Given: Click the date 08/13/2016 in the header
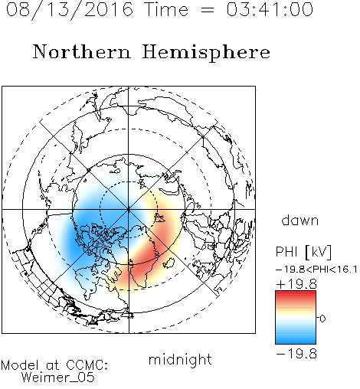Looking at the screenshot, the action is coord(70,9).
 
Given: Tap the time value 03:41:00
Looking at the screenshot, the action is coord(270,9).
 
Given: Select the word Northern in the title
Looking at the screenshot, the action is coord(81,52).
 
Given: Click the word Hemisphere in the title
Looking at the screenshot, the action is coord(206,53).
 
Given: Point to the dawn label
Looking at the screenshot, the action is coord(300,220).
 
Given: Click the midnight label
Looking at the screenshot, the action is coord(180,359).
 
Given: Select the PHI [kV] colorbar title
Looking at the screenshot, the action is coord(303,252).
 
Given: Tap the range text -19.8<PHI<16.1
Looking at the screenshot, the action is coord(316,270).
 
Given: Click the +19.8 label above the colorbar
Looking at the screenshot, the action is coord(296,284).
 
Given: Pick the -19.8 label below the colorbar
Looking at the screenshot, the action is coord(296,354).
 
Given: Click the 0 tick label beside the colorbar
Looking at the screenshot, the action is coord(322,319).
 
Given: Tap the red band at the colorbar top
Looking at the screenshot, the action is coord(296,294).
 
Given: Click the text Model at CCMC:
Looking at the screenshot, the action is coord(54,365).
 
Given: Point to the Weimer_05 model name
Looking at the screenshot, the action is coord(58,378).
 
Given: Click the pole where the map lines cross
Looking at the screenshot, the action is coord(129,209).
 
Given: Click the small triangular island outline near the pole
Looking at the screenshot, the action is coord(159,217).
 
